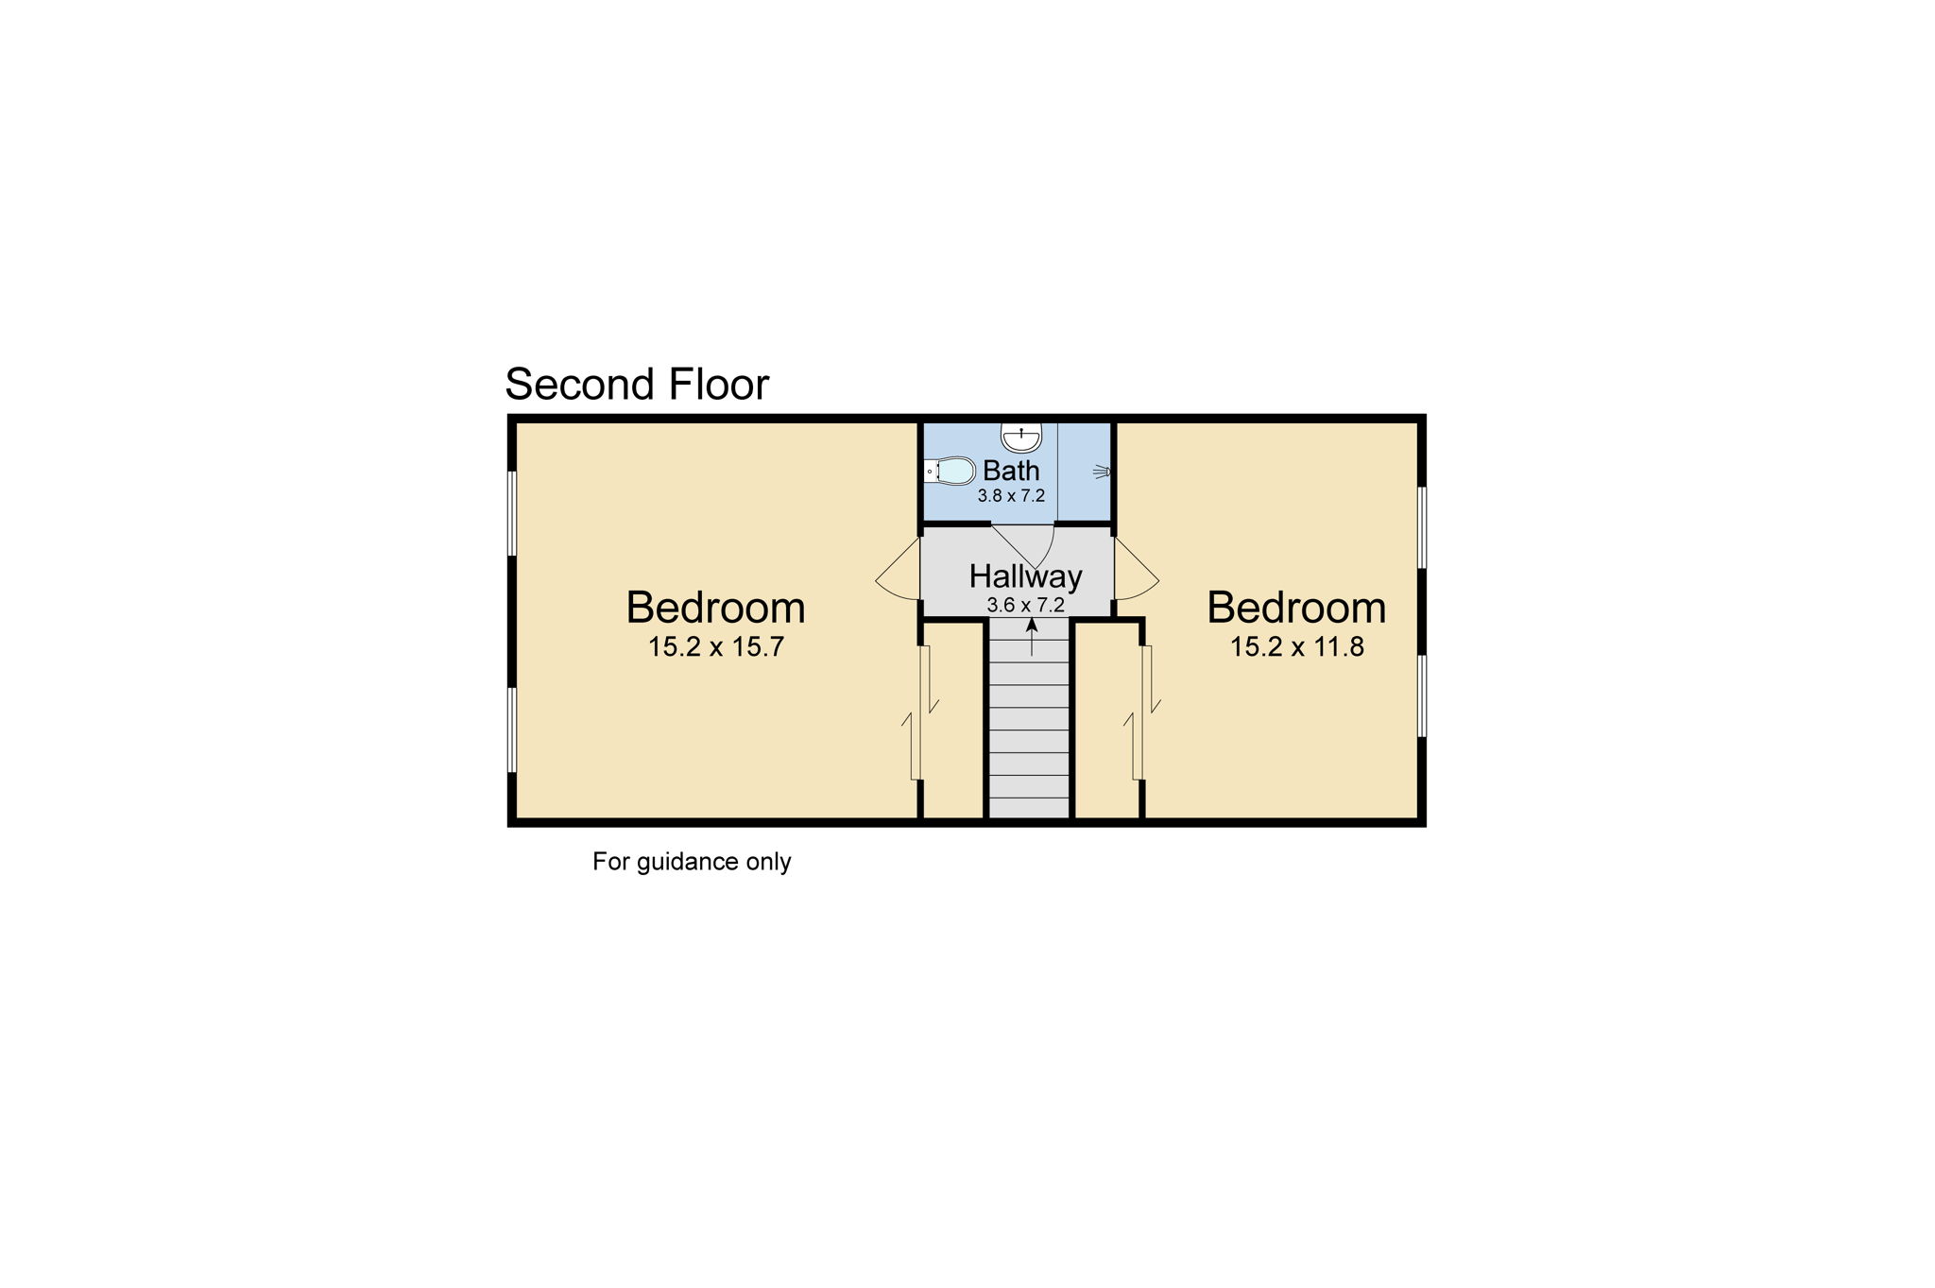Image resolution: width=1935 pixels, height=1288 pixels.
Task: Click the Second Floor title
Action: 637,385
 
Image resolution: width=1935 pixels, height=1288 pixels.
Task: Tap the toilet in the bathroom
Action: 950,470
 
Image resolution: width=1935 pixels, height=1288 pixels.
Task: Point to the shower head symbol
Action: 1101,471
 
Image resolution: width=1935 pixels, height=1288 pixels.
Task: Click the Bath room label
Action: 1011,470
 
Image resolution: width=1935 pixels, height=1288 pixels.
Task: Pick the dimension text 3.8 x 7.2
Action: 1011,496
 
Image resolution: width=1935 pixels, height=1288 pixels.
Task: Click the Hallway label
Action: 1025,575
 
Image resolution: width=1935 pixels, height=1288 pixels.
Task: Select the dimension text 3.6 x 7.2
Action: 1025,605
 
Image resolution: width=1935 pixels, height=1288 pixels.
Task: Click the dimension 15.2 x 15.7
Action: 715,647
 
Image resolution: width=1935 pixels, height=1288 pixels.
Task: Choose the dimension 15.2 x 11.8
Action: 1296,647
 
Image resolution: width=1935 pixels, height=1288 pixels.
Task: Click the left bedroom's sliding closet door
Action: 919,713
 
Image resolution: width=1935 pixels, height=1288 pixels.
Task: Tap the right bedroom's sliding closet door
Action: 1142,713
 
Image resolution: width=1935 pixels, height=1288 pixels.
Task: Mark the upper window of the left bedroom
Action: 512,513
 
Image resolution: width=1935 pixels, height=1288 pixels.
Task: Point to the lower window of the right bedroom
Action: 1421,696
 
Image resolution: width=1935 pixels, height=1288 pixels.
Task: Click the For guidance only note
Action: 692,862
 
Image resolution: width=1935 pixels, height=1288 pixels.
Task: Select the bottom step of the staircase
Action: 1029,808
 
